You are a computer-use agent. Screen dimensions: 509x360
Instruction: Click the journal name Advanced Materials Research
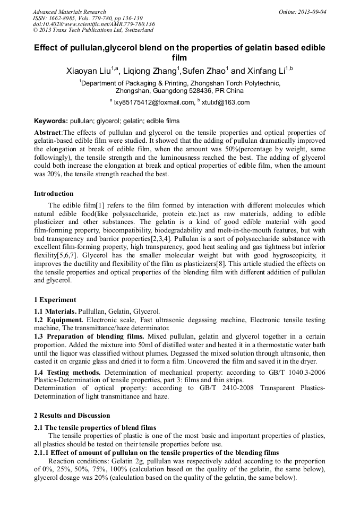(69, 12)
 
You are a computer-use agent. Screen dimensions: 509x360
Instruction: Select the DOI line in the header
(93, 24)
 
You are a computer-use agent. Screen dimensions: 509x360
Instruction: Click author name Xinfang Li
(267, 71)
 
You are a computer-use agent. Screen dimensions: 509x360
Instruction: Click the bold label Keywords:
(51, 121)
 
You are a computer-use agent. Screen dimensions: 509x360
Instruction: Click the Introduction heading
(54, 194)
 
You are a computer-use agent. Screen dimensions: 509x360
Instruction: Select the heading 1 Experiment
(55, 300)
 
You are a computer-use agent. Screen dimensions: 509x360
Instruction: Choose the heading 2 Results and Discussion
(72, 416)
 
